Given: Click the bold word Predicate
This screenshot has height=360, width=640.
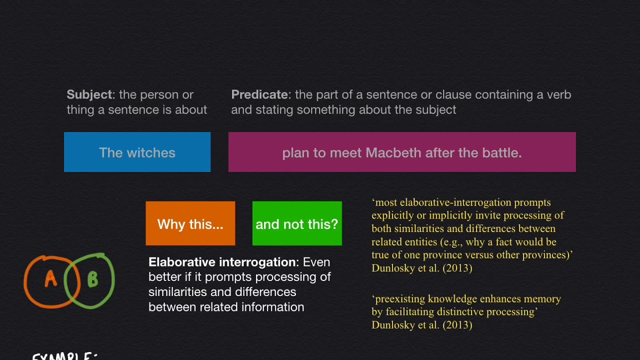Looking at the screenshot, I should click(x=259, y=94).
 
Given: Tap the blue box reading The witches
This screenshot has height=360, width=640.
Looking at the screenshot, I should click(x=137, y=152).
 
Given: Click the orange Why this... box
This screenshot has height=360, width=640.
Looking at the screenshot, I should click(x=190, y=224).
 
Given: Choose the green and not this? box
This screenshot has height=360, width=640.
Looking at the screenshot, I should click(x=297, y=224).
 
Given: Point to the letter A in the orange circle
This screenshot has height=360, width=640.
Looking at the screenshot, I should click(x=50, y=279).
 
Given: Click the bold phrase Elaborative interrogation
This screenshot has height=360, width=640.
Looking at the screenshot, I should click(x=222, y=262).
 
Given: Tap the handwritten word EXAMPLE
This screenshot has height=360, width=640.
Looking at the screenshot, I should click(x=62, y=356).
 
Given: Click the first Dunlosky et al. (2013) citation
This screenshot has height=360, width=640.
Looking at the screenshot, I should click(x=421, y=268).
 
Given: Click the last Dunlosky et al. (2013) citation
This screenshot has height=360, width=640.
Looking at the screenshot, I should click(x=421, y=325).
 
